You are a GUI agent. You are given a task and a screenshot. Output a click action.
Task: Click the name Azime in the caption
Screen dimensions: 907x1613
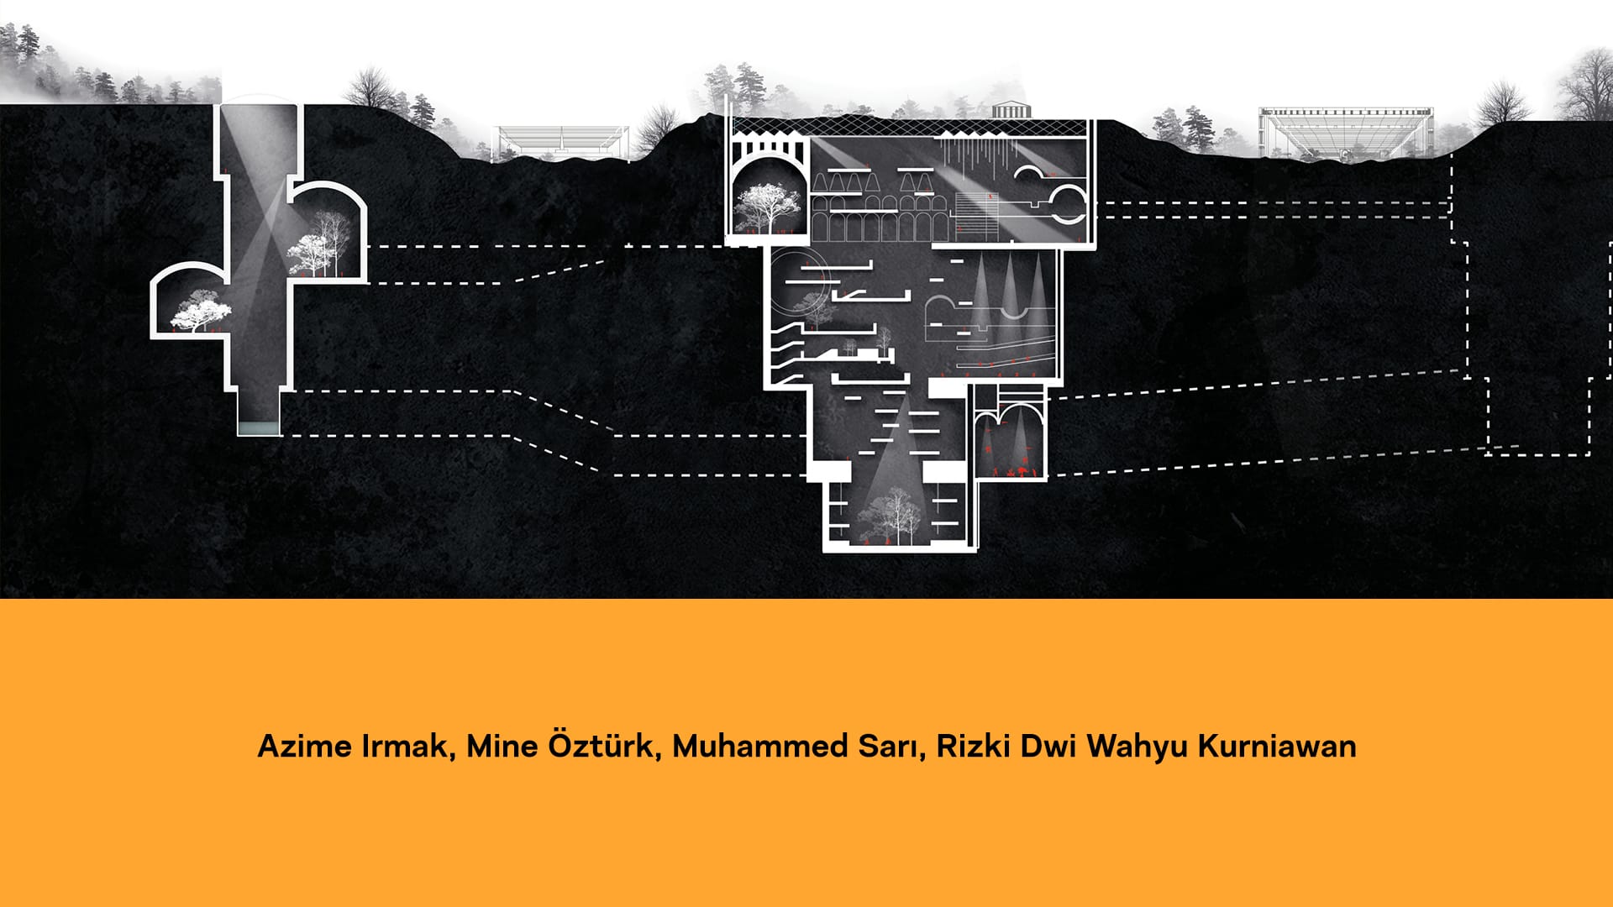click(305, 747)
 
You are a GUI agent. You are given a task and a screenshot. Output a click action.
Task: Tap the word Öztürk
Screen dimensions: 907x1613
click(601, 746)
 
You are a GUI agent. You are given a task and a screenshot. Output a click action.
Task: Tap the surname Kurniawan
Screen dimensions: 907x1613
click(1276, 747)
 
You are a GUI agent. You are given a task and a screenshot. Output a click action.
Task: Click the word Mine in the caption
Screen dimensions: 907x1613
click(502, 747)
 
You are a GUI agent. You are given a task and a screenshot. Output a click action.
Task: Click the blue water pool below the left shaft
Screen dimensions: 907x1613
click(258, 428)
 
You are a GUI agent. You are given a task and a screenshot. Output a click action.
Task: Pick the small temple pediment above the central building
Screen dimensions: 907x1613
click(1004, 110)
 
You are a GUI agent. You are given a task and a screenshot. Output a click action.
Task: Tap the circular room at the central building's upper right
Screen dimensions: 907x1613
click(1070, 204)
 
